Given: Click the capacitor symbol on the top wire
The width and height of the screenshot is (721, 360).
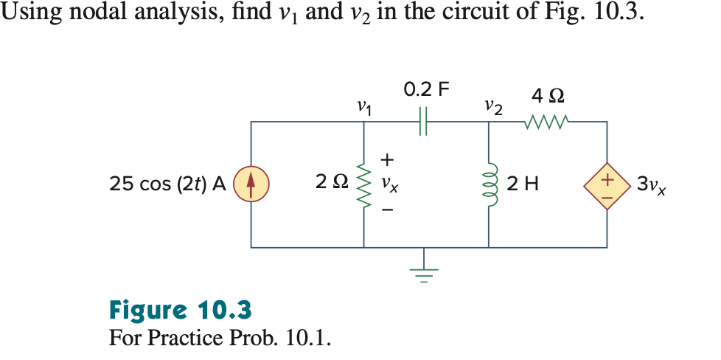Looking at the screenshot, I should [424, 121].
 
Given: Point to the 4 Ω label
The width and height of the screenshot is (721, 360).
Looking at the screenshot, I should [548, 96].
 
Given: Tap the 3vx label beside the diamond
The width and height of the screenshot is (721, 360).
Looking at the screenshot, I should [652, 185].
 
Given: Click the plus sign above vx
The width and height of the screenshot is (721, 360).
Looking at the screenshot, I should [389, 159].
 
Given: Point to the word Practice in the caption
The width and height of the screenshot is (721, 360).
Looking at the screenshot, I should [187, 339].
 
